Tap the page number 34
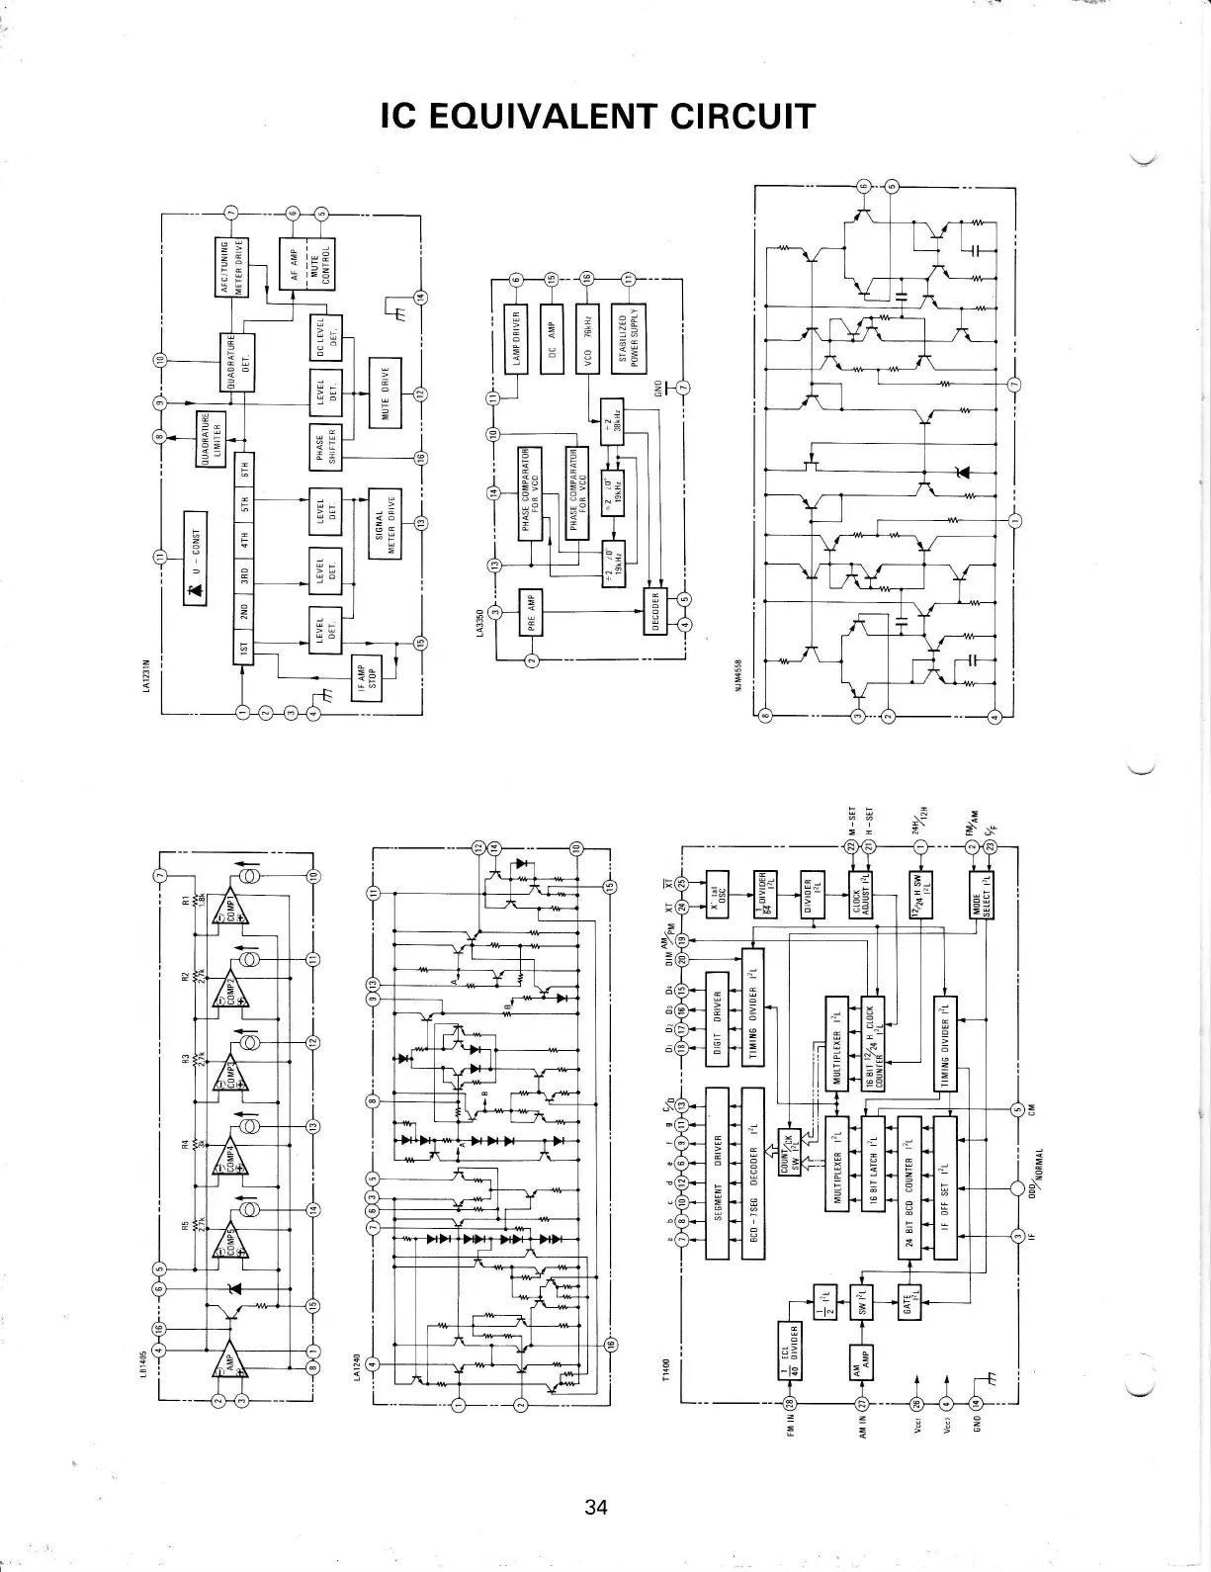pyautogui.click(x=595, y=1507)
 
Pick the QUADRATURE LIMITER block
pyautogui.click(x=212, y=437)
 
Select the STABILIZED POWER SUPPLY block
pyautogui.click(x=630, y=338)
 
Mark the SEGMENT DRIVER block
pyautogui.click(x=717, y=1173)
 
